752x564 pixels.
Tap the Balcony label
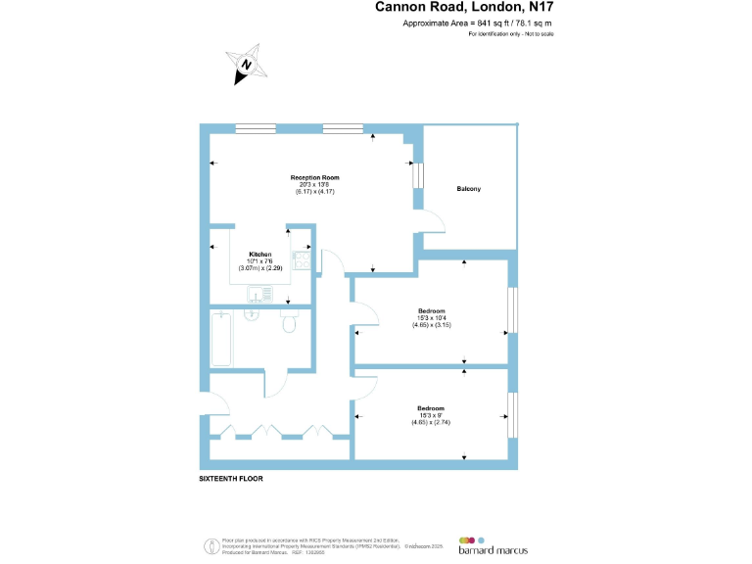click(x=468, y=189)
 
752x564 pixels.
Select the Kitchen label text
click(x=258, y=254)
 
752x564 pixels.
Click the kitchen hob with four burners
click(x=302, y=261)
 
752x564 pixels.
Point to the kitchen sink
click(x=260, y=294)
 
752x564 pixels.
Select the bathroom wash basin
click(x=250, y=315)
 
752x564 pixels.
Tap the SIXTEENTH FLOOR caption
click(x=231, y=480)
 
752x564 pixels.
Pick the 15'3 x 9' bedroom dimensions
click(x=431, y=415)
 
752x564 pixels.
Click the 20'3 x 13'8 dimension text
click(x=314, y=184)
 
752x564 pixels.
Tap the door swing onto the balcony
click(x=435, y=221)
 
